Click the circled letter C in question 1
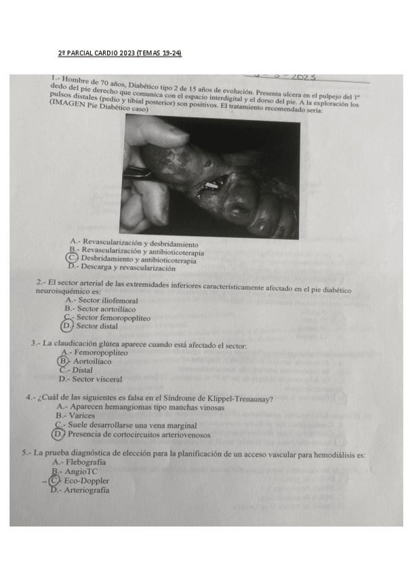(72, 258)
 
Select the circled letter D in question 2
(66, 325)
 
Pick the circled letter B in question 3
(63, 361)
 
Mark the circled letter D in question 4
(59, 434)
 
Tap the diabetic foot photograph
(214, 178)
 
